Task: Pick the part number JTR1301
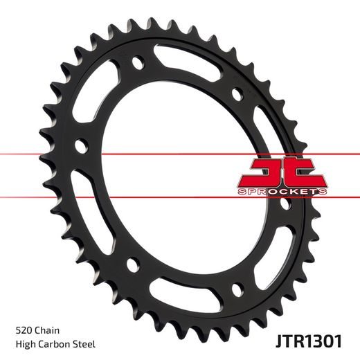point(305,340)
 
